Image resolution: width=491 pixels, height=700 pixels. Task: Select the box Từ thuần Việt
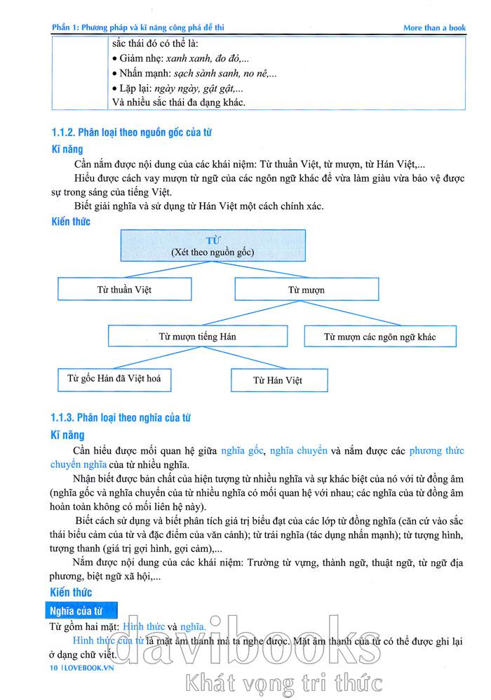(x=124, y=289)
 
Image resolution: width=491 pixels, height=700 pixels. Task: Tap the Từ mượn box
(x=307, y=289)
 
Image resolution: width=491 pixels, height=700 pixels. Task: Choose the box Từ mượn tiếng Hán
(x=198, y=336)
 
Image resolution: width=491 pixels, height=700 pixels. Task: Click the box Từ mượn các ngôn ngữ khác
(x=379, y=337)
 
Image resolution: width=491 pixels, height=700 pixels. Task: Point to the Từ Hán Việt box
(x=278, y=381)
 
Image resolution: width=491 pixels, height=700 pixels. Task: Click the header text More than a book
(x=434, y=28)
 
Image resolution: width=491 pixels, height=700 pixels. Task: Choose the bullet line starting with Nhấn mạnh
(x=194, y=74)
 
